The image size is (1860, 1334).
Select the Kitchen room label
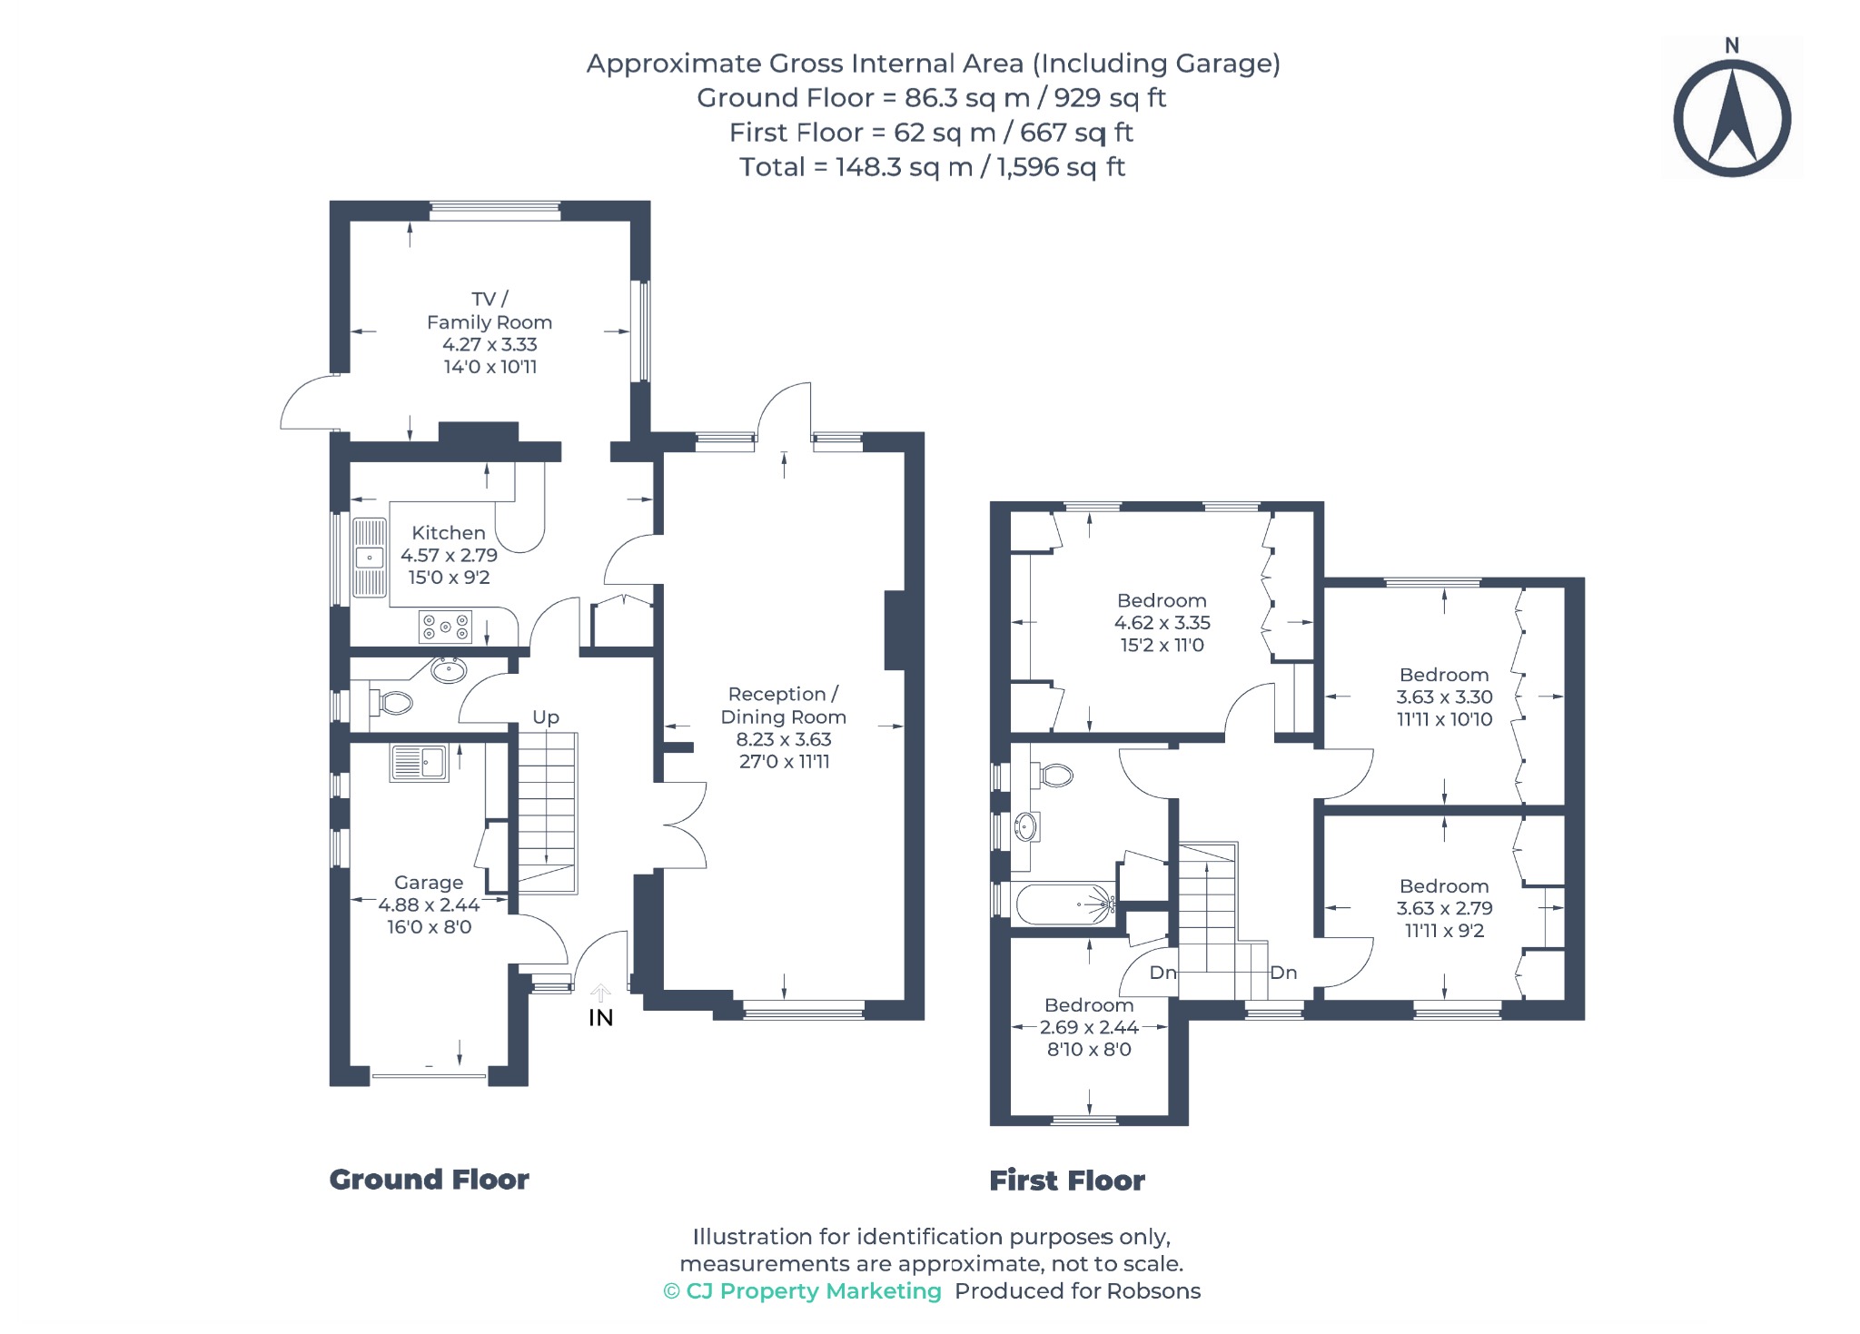pyautogui.click(x=449, y=533)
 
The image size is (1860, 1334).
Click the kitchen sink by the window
pyautogui.click(x=370, y=557)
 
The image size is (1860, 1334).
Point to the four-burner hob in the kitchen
pyautogui.click(x=445, y=627)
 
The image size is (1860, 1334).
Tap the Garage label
pyautogui.click(x=429, y=883)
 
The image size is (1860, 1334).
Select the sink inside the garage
pyautogui.click(x=420, y=763)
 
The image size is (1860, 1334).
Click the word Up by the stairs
pyautogui.click(x=546, y=717)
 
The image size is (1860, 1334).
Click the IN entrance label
pyautogui.click(x=601, y=1018)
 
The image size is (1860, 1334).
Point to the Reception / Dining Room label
pyautogui.click(x=784, y=706)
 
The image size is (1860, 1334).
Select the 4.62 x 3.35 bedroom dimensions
pyautogui.click(x=1162, y=623)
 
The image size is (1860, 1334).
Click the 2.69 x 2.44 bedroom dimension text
pyautogui.click(x=1089, y=1027)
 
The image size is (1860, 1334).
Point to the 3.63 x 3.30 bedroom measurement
pyautogui.click(x=1444, y=697)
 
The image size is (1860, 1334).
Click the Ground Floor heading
pyautogui.click(x=429, y=1180)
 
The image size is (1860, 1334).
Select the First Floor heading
pyautogui.click(x=1067, y=1181)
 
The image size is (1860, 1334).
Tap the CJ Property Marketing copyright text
pyautogui.click(x=803, y=1291)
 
